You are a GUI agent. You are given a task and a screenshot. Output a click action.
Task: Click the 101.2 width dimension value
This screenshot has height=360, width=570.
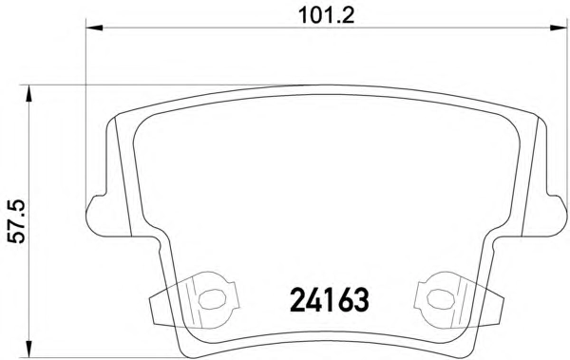(326, 15)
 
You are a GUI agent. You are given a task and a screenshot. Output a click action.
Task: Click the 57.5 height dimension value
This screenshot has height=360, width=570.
(17, 221)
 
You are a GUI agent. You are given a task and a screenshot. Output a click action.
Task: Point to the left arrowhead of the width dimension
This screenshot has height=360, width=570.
(94, 28)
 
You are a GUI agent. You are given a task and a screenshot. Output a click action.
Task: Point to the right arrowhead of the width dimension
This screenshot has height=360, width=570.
(559, 28)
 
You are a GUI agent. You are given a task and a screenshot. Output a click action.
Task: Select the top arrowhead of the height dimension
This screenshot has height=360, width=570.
(28, 94)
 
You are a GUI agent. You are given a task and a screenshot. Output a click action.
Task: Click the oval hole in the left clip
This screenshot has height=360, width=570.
(212, 299)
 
